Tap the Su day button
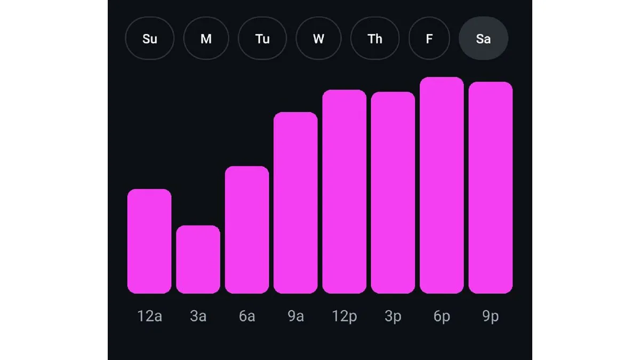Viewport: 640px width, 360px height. click(149, 38)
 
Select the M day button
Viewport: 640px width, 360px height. click(206, 38)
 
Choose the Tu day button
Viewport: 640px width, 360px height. click(262, 38)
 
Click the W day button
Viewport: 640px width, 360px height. click(318, 38)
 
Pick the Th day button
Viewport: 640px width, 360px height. click(375, 38)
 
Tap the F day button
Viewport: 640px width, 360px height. click(429, 38)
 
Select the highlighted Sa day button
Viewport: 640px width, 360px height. click(483, 38)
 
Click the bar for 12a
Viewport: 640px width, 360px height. click(149, 241)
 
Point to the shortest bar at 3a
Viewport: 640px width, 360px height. click(198, 259)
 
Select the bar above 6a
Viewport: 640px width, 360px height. click(247, 230)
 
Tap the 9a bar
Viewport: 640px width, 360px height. click(295, 203)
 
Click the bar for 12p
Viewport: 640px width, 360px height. click(344, 191)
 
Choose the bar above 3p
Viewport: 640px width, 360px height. click(393, 193)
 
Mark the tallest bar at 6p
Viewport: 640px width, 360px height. click(442, 185)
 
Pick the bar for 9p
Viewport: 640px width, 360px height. click(491, 188)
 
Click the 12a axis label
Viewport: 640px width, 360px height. click(149, 316)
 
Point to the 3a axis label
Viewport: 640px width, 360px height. click(198, 316)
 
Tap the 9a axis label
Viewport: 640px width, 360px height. click(295, 316)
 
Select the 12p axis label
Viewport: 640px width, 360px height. click(344, 316)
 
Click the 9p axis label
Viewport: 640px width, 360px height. click(491, 316)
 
